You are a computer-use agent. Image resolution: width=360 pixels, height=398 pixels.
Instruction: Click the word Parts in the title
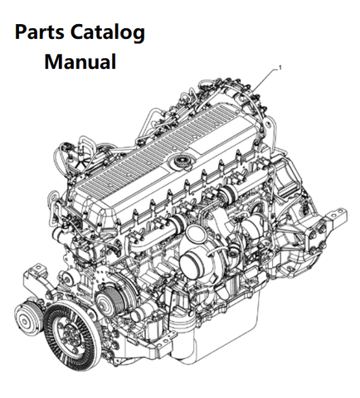[39, 32]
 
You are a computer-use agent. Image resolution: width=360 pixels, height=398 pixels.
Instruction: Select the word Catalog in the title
[108, 33]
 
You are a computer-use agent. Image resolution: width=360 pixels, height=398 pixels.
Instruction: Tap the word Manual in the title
[80, 61]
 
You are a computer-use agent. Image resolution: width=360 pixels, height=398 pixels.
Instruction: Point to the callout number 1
[280, 67]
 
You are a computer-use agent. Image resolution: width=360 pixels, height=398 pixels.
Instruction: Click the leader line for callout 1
[265, 80]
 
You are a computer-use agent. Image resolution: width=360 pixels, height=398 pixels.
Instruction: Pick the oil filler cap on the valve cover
[181, 161]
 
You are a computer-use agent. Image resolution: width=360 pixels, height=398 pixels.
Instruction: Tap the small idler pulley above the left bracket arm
[67, 279]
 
